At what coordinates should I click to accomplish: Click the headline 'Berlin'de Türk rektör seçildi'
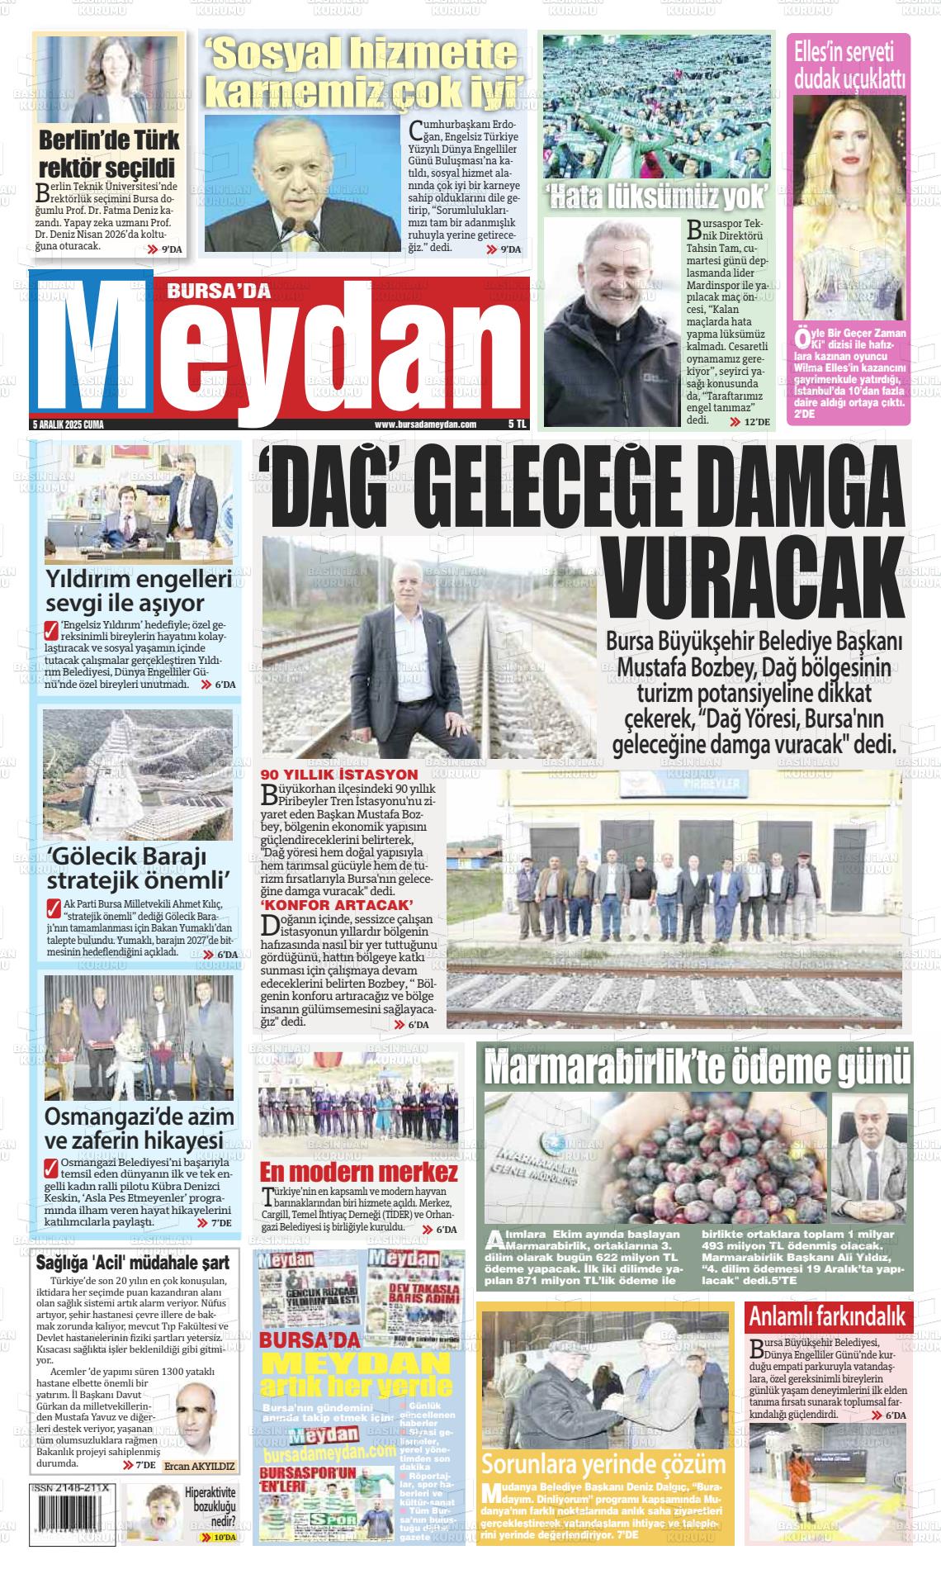[x=109, y=153]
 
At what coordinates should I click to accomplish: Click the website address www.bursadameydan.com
[x=425, y=424]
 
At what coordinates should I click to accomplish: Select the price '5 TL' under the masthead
[x=517, y=424]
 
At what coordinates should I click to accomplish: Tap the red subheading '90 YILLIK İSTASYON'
[x=328, y=775]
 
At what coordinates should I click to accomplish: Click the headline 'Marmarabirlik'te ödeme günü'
[x=697, y=1066]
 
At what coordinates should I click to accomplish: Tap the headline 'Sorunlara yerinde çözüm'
[x=603, y=1465]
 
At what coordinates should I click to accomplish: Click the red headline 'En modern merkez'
[x=358, y=1172]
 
